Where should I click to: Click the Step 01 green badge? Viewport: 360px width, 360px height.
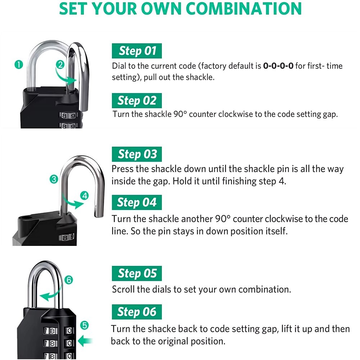pos(137,51)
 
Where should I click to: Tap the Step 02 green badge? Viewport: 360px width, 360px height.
pos(137,100)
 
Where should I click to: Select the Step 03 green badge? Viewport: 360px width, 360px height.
pos(137,154)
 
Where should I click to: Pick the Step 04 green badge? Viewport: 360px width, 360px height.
pos(137,202)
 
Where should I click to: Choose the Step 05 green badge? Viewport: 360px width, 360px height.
pos(137,274)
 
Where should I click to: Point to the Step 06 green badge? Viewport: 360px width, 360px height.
pos(137,312)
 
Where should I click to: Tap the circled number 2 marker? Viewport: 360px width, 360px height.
pos(60,65)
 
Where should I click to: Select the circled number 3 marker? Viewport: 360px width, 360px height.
pos(54,179)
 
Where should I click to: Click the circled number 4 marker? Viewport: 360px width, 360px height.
pos(85,196)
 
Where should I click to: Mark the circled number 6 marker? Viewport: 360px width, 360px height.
pos(69,280)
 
